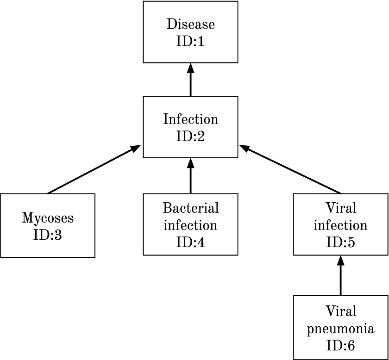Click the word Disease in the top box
(190, 24)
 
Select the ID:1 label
(190, 42)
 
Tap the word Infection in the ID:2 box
(190, 119)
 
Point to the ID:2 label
(190, 137)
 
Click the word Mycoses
(48, 217)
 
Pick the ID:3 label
(48, 235)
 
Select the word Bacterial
(190, 208)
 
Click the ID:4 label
(190, 243)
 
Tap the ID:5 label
(340, 243)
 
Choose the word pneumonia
(340, 329)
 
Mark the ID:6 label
(340, 346)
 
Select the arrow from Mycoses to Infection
(93, 170)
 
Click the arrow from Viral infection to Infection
(292, 170)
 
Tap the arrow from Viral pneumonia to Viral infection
(340, 278)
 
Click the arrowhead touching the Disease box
(190, 68)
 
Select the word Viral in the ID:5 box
(340, 208)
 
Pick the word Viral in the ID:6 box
(340, 310)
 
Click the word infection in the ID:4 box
(190, 225)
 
